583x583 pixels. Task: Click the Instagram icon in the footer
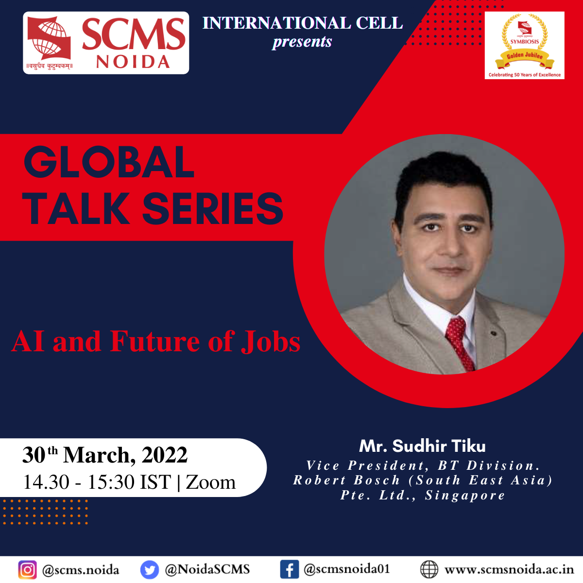(28, 569)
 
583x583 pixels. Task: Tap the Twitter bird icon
(150, 569)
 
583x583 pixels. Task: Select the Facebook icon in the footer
(289, 569)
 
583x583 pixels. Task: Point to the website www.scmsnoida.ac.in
(509, 569)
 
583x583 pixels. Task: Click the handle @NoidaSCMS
(207, 569)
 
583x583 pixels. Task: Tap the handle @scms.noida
(81, 570)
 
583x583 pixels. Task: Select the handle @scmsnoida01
(346, 569)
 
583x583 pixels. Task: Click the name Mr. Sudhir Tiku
(422, 446)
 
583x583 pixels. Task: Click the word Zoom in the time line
(210, 482)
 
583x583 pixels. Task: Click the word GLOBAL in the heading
(109, 162)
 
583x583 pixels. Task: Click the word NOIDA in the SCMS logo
(133, 62)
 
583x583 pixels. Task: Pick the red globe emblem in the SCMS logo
(50, 38)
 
